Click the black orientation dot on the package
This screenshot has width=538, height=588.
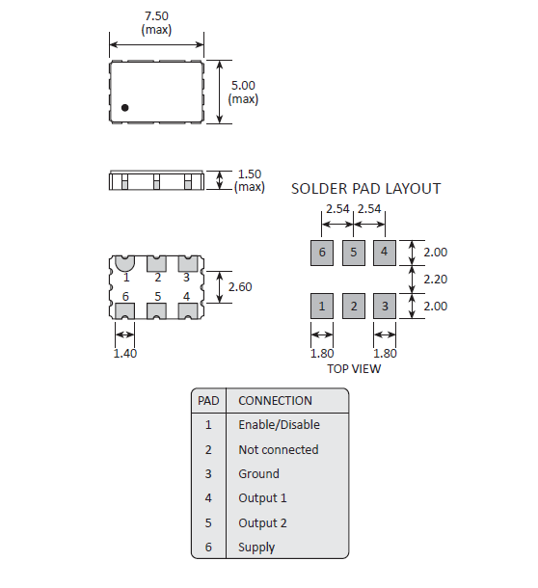125,108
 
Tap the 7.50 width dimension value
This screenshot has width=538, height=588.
156,16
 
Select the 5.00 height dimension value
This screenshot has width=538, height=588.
243,86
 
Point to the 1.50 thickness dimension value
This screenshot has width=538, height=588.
250,174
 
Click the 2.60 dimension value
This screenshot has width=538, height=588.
240,287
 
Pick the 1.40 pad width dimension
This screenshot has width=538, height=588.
125,353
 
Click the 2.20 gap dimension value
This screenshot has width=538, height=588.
436,279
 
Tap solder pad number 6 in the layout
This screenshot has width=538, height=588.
322,253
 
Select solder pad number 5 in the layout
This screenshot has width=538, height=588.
354,253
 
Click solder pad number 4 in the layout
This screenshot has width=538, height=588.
385,253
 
